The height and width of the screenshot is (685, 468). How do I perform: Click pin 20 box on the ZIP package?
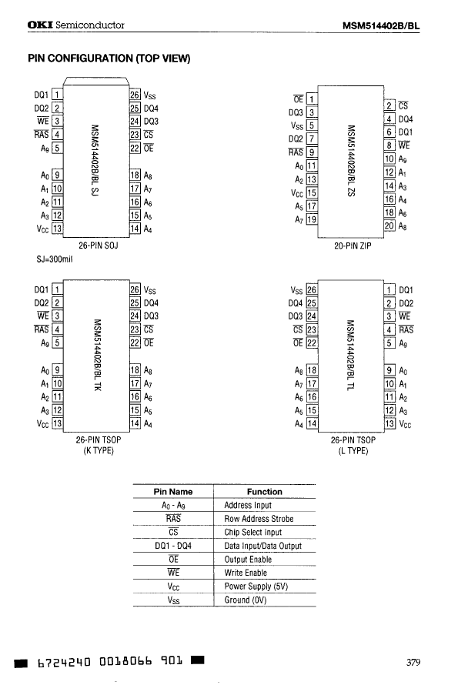click(x=389, y=225)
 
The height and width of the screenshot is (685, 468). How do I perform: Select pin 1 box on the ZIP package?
click(x=311, y=99)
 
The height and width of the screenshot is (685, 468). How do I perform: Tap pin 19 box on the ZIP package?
click(x=312, y=219)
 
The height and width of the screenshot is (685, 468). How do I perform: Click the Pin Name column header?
click(x=173, y=491)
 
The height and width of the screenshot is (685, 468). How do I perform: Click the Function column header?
click(x=264, y=491)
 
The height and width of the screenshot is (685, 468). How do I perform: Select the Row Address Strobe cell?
click(x=258, y=519)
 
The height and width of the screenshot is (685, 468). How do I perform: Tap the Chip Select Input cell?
click(x=252, y=532)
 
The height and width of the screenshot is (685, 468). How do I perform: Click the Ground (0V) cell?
click(x=247, y=600)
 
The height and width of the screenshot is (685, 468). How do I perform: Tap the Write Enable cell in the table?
click(x=246, y=573)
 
